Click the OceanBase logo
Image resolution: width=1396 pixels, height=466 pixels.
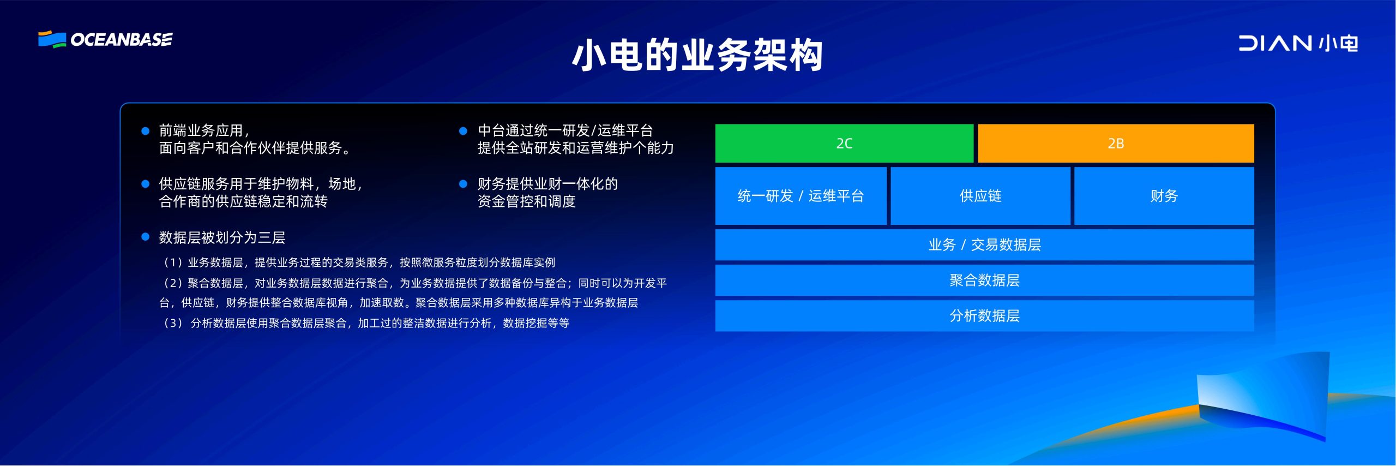pyautogui.click(x=105, y=39)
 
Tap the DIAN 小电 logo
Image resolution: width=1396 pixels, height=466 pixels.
pyautogui.click(x=1298, y=43)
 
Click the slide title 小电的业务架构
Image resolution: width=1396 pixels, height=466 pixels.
pyautogui.click(x=697, y=55)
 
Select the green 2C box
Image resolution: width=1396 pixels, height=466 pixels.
pyautogui.click(x=844, y=144)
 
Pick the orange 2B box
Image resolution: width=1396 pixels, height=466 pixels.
pyautogui.click(x=1116, y=144)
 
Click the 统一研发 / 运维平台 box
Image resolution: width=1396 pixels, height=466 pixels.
pyautogui.click(x=801, y=196)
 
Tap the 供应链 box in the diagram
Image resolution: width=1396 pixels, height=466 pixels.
pyautogui.click(x=980, y=196)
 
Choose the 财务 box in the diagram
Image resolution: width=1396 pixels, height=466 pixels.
pyautogui.click(x=1164, y=196)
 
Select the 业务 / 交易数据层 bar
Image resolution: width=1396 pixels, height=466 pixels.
pyautogui.click(x=985, y=245)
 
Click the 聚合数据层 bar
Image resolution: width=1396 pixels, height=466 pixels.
pyautogui.click(x=985, y=280)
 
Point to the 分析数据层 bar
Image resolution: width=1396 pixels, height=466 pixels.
pyautogui.click(x=985, y=316)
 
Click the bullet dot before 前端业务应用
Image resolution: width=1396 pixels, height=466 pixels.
pyautogui.click(x=146, y=131)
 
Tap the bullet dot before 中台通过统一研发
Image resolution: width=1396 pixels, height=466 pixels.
pyautogui.click(x=464, y=131)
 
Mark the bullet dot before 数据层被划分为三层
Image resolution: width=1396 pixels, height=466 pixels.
pyautogui.click(x=146, y=237)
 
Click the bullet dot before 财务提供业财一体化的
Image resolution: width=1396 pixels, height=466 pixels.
pyautogui.click(x=464, y=184)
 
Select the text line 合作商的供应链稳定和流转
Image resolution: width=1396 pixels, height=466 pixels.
pyautogui.click(x=243, y=201)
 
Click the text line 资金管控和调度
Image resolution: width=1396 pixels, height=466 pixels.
pyautogui.click(x=527, y=201)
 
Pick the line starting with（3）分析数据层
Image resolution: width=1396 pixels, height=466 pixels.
pyautogui.click(x=365, y=323)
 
